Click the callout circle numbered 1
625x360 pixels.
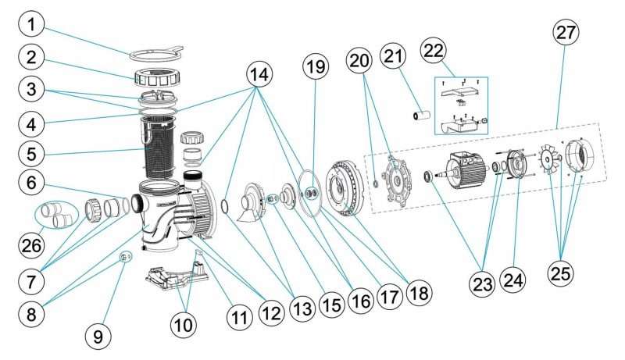[x=31, y=24]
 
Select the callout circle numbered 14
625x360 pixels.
[x=259, y=75]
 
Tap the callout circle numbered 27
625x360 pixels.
[x=566, y=33]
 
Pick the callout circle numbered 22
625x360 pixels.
[x=434, y=51]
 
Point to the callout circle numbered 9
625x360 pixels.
[x=98, y=337]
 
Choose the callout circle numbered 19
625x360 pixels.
[x=316, y=66]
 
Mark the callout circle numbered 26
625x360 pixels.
[x=31, y=245]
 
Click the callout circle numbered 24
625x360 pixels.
[x=513, y=280]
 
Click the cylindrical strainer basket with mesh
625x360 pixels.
[x=159, y=148]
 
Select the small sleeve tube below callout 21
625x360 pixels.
[x=422, y=116]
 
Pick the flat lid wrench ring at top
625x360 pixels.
[x=156, y=54]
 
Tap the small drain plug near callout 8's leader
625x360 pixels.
[x=124, y=258]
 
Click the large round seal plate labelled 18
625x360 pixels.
[x=344, y=188]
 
